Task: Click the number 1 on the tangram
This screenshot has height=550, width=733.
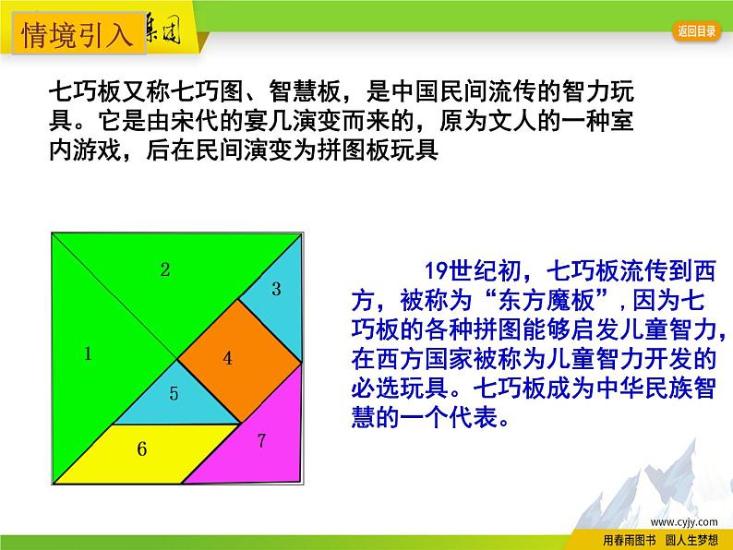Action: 89,353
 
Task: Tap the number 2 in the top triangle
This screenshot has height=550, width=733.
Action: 165,270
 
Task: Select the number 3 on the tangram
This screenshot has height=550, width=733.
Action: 276,289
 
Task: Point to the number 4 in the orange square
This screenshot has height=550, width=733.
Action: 227,359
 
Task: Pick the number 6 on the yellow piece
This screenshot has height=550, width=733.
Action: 141,449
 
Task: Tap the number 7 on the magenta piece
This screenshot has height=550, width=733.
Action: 261,440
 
